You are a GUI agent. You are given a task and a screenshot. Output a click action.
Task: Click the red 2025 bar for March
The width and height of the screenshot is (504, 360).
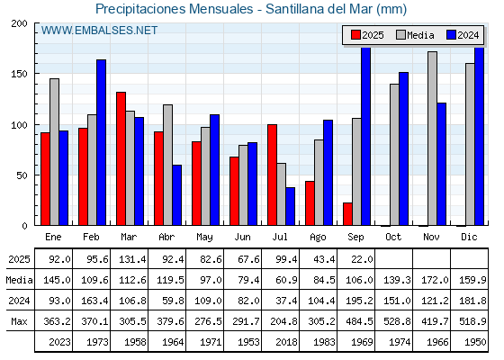(121, 158)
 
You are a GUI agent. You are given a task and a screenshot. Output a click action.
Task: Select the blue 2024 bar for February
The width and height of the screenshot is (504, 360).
(101, 142)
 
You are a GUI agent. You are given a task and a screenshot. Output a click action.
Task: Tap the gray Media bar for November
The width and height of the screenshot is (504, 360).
(432, 139)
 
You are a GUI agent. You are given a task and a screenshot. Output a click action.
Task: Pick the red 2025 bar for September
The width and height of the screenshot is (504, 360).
(347, 214)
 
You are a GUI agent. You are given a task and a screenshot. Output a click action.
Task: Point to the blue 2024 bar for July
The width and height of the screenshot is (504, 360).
(290, 206)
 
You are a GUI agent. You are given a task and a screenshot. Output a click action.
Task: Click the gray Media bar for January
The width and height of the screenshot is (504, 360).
(54, 152)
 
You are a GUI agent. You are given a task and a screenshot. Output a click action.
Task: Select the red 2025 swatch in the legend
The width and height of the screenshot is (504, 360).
(355, 35)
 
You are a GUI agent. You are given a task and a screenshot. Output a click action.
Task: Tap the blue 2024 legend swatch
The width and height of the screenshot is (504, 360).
(451, 35)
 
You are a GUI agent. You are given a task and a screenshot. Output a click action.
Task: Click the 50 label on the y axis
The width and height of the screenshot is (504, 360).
(22, 175)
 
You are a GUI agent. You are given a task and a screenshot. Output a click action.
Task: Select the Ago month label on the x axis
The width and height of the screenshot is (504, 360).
(318, 238)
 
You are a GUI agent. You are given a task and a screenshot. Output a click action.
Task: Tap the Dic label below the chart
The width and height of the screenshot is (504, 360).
(469, 237)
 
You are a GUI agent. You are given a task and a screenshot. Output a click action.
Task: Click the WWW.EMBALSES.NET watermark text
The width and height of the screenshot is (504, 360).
(99, 31)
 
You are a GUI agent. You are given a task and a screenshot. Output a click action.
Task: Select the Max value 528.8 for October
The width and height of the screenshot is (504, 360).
(397, 321)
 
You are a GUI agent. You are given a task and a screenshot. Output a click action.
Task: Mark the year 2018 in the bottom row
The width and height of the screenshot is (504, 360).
(286, 342)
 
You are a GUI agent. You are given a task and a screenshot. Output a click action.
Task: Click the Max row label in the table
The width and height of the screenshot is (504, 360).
(19, 321)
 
